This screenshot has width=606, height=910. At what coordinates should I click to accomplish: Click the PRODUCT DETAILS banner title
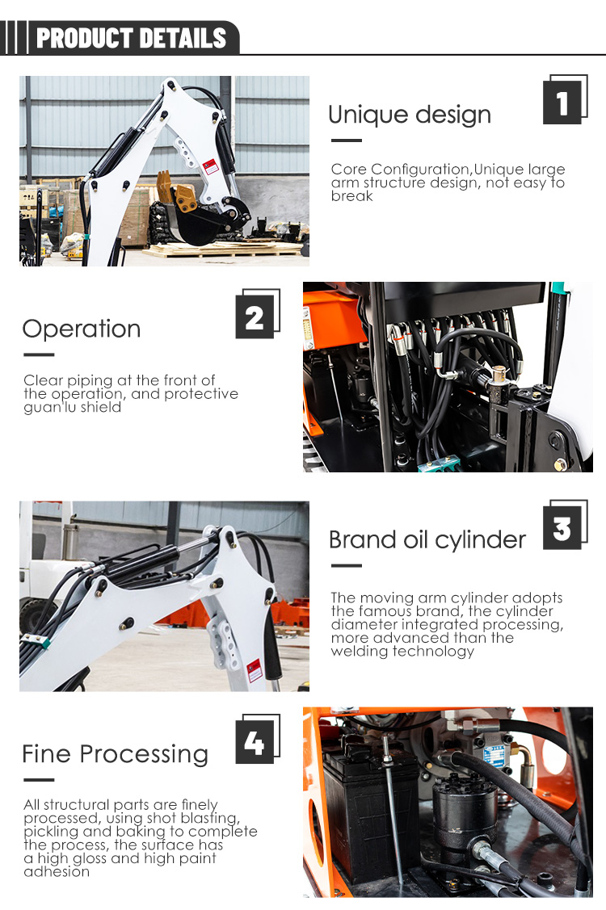(x=132, y=38)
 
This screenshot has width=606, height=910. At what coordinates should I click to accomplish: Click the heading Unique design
(x=410, y=115)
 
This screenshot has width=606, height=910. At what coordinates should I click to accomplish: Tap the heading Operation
(x=82, y=329)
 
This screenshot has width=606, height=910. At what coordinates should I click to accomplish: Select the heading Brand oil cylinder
(x=427, y=539)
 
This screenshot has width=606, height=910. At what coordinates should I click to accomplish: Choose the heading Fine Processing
(x=115, y=754)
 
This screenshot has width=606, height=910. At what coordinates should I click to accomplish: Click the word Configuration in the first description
(x=420, y=169)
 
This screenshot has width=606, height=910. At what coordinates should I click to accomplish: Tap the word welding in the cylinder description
(x=360, y=651)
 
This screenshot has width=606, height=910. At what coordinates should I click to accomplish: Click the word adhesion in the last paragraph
(x=57, y=872)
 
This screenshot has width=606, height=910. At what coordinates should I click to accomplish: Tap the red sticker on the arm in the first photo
(x=211, y=166)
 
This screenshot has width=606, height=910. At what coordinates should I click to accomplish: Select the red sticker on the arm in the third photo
(x=255, y=670)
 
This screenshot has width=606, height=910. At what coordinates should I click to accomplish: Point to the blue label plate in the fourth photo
(x=494, y=757)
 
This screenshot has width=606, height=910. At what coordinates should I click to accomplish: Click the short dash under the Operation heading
(x=39, y=354)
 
